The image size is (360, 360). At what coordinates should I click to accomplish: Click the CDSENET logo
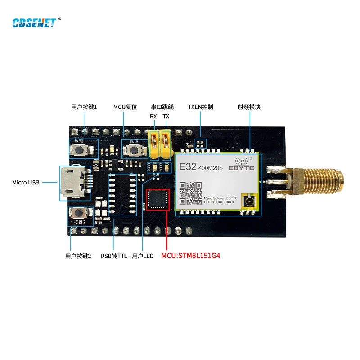pyautogui.click(x=34, y=22)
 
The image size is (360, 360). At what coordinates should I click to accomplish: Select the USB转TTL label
pyautogui.click(x=113, y=256)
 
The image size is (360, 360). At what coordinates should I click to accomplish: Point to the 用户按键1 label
pyautogui.click(x=84, y=107)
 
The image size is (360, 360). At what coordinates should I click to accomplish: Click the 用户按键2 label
pyautogui.click(x=78, y=256)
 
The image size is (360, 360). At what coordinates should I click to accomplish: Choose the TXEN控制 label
pyautogui.click(x=200, y=107)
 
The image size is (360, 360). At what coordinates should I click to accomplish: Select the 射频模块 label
pyautogui.click(x=249, y=107)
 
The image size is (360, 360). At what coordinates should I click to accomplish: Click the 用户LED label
pyautogui.click(x=143, y=256)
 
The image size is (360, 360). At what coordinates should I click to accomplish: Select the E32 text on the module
pyautogui.click(x=188, y=166)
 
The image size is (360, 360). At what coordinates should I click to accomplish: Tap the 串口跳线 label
pyautogui.click(x=162, y=107)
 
